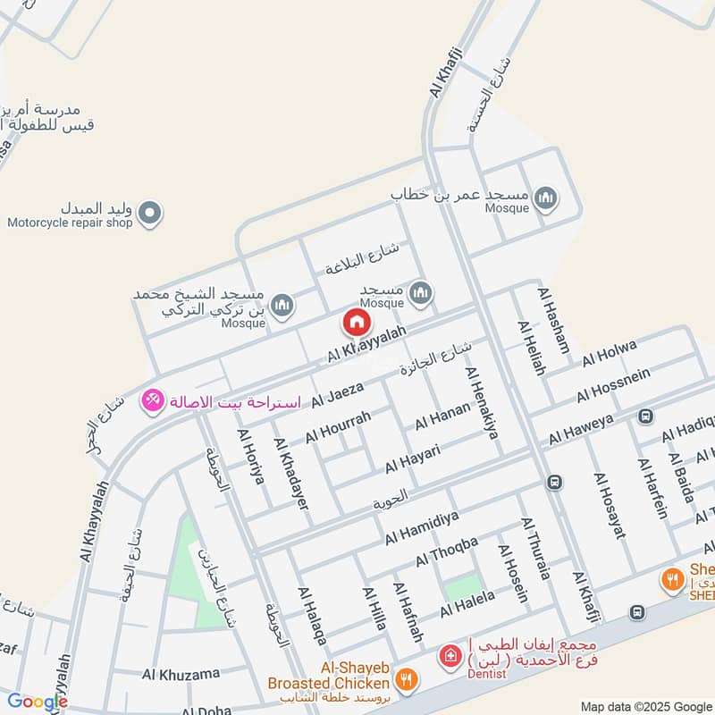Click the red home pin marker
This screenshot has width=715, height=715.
(356, 323)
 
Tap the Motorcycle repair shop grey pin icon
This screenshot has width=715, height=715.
(151, 213)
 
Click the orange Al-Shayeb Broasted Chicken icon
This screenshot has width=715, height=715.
(407, 681)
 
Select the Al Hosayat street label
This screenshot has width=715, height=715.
(609, 504)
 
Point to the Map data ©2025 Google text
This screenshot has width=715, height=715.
(644, 704)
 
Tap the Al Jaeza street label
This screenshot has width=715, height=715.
(337, 395)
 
